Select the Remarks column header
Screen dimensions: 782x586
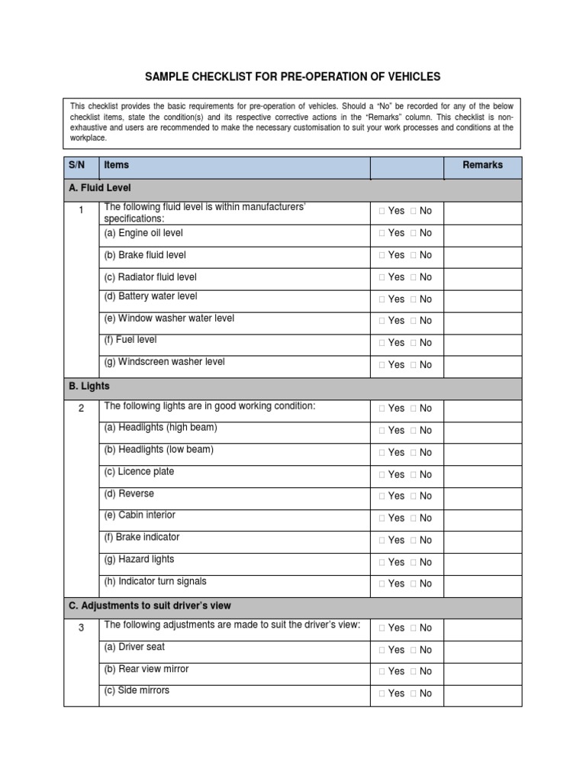pos(482,165)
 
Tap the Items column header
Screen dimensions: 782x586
pos(117,165)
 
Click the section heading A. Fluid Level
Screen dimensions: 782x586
pos(100,187)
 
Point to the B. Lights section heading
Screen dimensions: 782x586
pos(89,386)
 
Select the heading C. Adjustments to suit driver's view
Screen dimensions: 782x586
pos(150,606)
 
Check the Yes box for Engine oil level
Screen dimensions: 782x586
pos(382,233)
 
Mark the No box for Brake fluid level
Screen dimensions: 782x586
pos(413,255)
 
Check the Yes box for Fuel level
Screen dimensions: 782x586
pos(382,343)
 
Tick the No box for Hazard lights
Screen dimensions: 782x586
pos(413,562)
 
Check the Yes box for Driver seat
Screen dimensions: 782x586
pos(382,650)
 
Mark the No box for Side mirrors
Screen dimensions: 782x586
pos(413,693)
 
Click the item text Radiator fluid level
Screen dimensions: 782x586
pos(150,277)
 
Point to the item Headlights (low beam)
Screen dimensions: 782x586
pos(159,450)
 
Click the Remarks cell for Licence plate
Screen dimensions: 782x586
pos(482,474)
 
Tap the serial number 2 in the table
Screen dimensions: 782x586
pos(81,409)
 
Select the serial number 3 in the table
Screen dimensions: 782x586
pos(81,628)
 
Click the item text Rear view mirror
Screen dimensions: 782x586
pos(146,669)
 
